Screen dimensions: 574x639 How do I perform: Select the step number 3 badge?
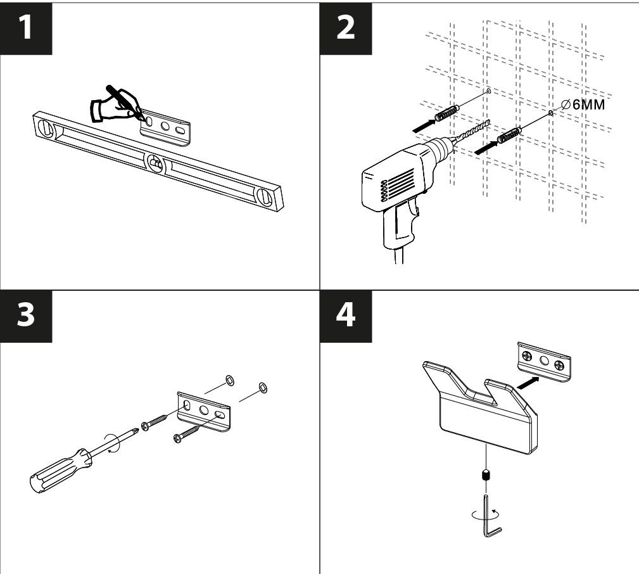tap(26, 316)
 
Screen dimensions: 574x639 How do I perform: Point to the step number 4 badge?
tap(346, 316)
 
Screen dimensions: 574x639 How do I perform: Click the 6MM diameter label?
tap(583, 105)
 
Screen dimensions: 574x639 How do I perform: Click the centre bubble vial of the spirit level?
tap(156, 164)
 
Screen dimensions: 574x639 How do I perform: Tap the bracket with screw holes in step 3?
tap(204, 411)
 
